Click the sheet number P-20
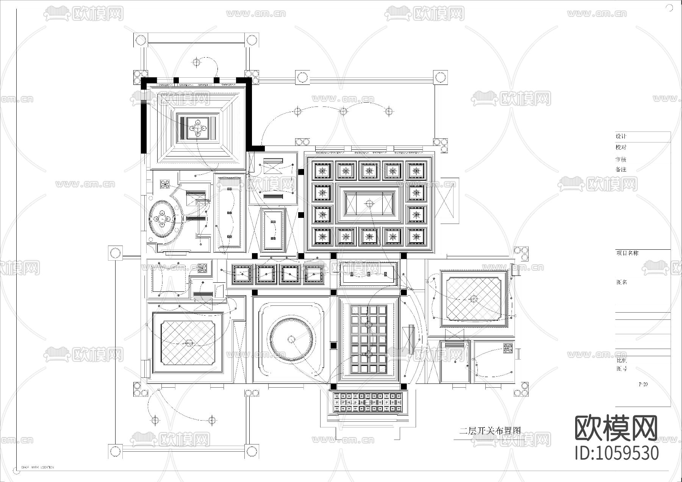[643, 384]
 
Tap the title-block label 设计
[621, 136]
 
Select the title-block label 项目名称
[627, 253]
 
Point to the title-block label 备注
[621, 169]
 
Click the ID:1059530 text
[617, 453]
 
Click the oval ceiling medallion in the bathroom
[162, 219]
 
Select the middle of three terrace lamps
[343, 111]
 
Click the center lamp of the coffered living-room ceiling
[369, 204]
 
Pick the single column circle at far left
[115, 253]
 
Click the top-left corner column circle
[141, 39]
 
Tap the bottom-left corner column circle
[115, 451]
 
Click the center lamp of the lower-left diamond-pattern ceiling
[188, 343]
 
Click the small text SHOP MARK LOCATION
[38, 467]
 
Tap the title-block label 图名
[622, 282]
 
